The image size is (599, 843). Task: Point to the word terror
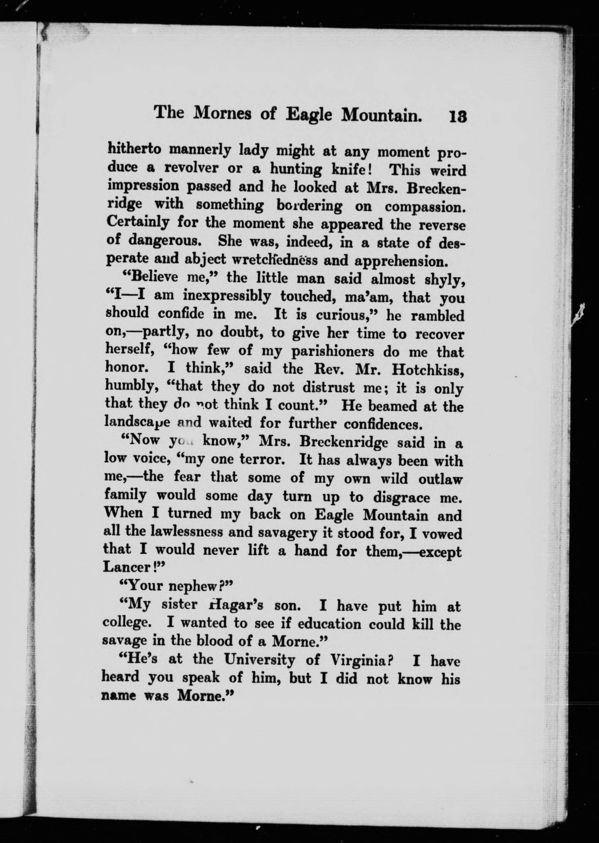click(266, 459)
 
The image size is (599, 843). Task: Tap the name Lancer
click(126, 567)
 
